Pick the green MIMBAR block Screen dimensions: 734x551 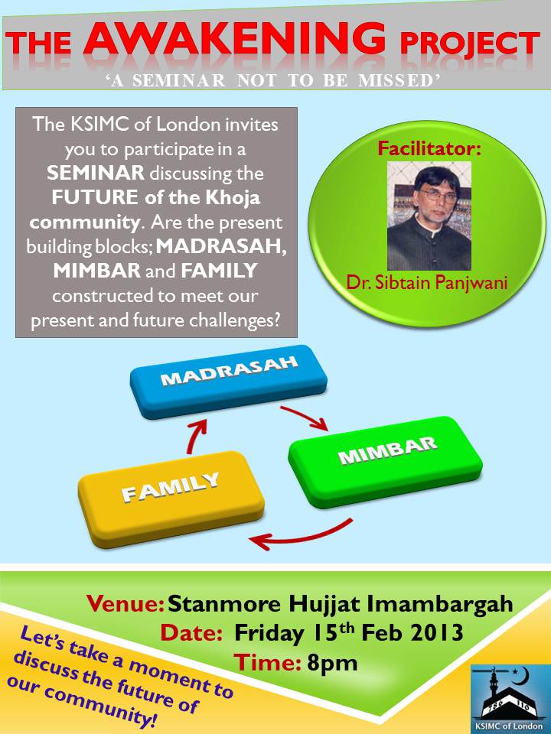coord(386,459)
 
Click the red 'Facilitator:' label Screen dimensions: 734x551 coord(429,148)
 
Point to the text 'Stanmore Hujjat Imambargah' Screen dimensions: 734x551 coord(340,605)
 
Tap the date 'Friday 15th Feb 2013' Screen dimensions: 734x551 coord(349,634)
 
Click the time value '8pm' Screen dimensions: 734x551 coord(332,662)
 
